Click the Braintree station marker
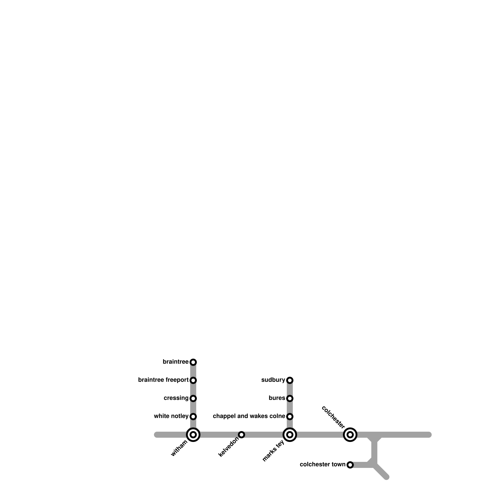pos(193,362)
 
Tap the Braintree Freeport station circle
pos(193,380)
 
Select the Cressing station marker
pos(193,398)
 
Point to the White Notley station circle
pos(193,417)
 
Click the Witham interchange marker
pos(193,435)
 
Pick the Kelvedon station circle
pos(241,435)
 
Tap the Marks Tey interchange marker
pos(290,435)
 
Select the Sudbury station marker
pos(290,380)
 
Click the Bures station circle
pos(290,398)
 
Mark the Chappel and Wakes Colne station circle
pos(290,417)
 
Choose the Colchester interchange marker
pos(350,435)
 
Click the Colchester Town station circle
pos(350,465)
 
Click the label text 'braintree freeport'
pos(163,380)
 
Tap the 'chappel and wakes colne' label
pos(249,416)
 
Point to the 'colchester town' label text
pos(322,465)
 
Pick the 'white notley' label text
pos(171,416)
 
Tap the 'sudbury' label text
pos(273,380)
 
